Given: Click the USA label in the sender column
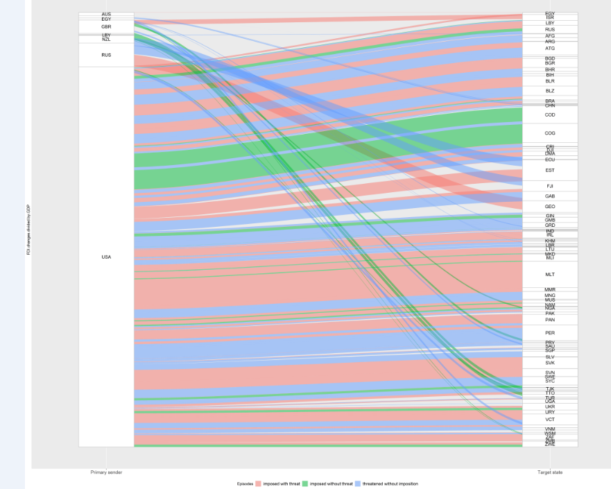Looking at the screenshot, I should click(x=106, y=257).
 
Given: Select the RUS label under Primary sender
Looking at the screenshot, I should click(x=106, y=55).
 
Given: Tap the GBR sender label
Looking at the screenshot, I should click(x=106, y=27).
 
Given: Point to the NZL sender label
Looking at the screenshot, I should click(x=106, y=40).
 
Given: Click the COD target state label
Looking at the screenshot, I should click(x=550, y=115).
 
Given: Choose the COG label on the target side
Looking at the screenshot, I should click(x=550, y=133).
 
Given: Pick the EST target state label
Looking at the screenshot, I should click(x=550, y=171).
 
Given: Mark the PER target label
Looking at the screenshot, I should click(x=550, y=333).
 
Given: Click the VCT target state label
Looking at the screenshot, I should click(x=550, y=420).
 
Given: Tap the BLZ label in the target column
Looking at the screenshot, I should click(x=550, y=91).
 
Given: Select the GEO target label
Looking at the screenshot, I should click(x=550, y=207).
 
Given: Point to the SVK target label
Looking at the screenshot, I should click(x=550, y=363).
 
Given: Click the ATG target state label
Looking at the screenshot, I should click(x=550, y=49).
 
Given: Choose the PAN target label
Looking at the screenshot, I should click(x=550, y=320).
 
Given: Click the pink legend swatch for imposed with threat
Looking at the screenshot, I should click(x=259, y=483).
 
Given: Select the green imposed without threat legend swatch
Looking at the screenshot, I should click(x=306, y=483).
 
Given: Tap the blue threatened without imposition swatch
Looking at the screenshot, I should click(x=358, y=483).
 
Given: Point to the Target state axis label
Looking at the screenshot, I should click(x=549, y=472).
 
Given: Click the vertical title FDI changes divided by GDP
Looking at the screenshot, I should click(x=28, y=230).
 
